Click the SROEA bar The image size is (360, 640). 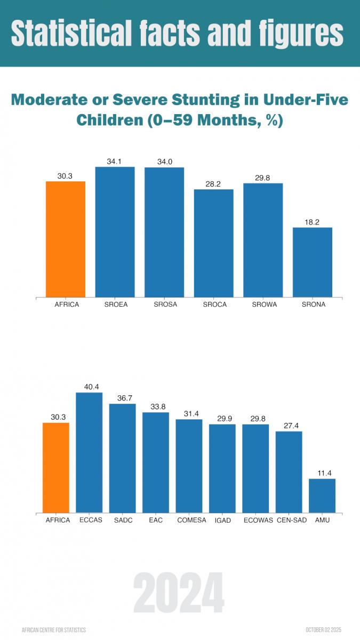click(115, 232)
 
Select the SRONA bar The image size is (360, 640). click(313, 262)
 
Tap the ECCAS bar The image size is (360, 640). click(89, 453)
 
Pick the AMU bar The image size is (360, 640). click(322, 496)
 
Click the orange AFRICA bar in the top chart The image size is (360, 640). click(66, 239)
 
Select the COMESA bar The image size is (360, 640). click(189, 466)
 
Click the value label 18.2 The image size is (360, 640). click(313, 222)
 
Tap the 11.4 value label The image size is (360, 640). click(322, 473)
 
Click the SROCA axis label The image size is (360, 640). click(214, 305)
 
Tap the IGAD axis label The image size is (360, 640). click(222, 520)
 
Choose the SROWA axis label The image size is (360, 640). click(263, 305)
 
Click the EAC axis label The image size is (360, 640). click(156, 520)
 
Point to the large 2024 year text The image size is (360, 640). click(179, 595)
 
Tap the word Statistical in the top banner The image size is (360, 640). click(71, 33)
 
